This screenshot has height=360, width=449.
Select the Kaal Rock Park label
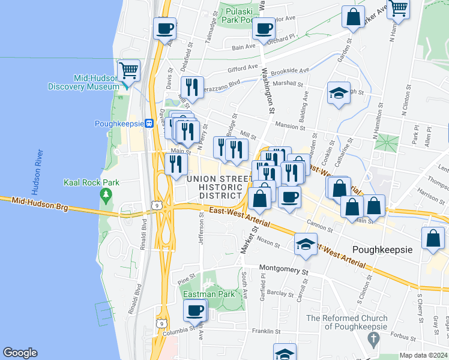(x=92, y=182)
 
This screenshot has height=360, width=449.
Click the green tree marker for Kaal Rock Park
(x=106, y=194)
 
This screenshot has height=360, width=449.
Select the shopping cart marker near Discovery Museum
(x=128, y=70)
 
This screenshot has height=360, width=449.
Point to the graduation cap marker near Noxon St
(x=306, y=244)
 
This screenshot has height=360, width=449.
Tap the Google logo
(x=20, y=353)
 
